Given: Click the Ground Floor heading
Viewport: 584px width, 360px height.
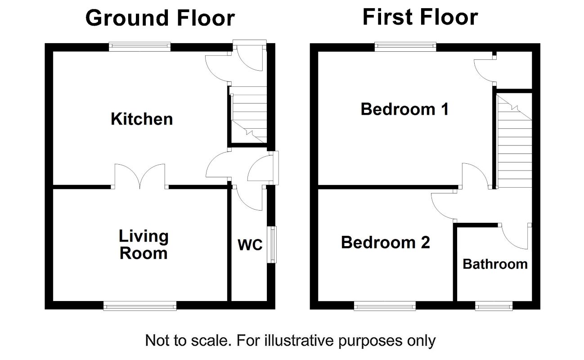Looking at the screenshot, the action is tap(160, 18).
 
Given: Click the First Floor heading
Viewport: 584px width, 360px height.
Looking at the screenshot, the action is tap(420, 17).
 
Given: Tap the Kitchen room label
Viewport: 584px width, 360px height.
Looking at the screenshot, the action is tap(142, 119).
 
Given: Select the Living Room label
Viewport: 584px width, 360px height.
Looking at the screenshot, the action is tap(144, 244).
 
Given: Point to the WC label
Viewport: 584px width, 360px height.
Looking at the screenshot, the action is tap(250, 245).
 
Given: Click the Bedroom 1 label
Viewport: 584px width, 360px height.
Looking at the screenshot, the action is tap(404, 109).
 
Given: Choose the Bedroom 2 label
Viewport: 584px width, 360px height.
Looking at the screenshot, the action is tap(386, 243).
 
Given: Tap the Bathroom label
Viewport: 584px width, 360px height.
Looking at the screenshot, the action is tap(495, 264).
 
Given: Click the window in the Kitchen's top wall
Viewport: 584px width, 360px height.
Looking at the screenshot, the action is tap(140, 47).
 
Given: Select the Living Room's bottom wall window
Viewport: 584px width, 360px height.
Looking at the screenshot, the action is tap(140, 306).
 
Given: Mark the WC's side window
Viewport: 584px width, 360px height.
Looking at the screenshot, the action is tap(272, 244).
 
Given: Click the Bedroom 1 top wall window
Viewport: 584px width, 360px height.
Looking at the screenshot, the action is tap(405, 47).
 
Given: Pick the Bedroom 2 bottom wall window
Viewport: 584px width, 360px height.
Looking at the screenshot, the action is tap(385, 306).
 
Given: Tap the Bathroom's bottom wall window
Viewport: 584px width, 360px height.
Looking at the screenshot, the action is tap(494, 306).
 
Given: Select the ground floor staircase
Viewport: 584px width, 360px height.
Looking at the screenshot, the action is tap(248, 115).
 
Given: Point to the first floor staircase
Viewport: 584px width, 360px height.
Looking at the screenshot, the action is tap(514, 141).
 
